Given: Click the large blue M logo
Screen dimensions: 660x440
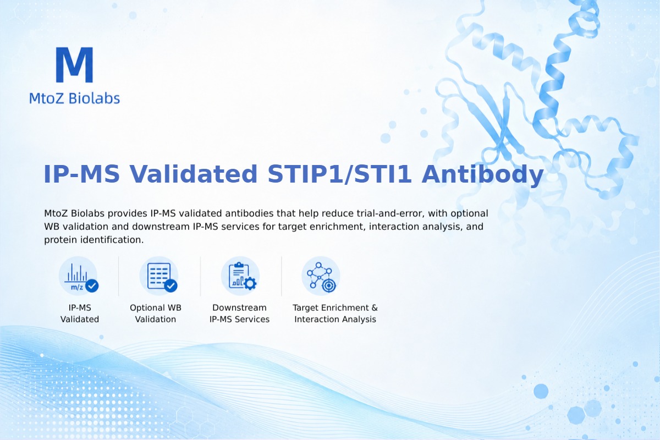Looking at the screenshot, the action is [x=75, y=65].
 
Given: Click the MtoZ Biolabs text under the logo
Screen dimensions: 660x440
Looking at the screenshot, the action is [x=75, y=98].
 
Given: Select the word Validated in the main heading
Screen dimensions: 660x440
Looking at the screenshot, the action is [x=194, y=174].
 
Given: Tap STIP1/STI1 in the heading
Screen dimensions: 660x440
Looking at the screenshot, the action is [x=339, y=174].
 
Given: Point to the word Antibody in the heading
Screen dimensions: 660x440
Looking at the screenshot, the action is [x=482, y=174].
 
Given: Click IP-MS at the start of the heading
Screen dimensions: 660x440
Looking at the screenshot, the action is [x=81, y=174].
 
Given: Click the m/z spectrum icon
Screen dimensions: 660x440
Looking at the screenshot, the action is [x=78, y=276].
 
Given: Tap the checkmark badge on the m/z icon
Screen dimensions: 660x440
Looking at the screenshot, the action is [x=92, y=285].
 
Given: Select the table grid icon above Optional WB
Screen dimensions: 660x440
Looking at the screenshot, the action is [x=159, y=276].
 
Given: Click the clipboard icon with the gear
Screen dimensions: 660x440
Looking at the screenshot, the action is [x=240, y=276].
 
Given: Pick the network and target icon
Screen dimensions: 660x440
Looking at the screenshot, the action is [x=321, y=276].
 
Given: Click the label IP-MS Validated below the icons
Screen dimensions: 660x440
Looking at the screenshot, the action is [x=80, y=313].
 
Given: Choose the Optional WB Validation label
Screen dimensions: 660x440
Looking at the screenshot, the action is [x=156, y=313].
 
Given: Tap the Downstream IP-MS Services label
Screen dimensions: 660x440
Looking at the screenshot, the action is [x=240, y=313].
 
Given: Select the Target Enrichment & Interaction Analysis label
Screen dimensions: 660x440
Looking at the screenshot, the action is [x=335, y=313].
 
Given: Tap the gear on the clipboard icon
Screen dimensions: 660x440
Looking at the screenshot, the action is [x=250, y=283].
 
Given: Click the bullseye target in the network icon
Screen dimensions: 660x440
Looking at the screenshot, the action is [x=329, y=285].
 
